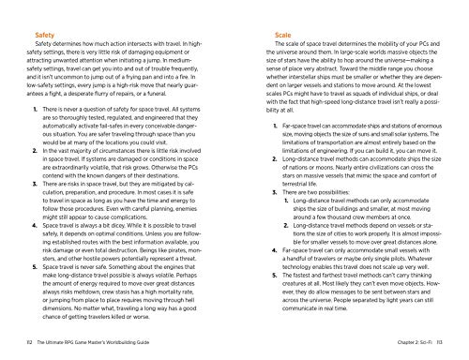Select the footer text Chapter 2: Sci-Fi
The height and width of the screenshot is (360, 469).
tap(401, 346)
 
